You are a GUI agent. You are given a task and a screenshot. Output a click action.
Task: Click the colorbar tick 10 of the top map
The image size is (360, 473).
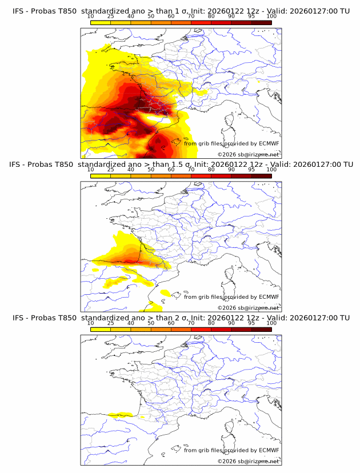tap(91, 16)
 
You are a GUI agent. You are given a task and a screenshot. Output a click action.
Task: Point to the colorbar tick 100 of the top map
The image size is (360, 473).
tap(271, 16)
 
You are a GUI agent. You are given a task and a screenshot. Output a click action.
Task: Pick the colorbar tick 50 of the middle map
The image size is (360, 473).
tap(151, 169)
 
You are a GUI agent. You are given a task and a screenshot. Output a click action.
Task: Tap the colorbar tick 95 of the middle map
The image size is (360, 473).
tap(251, 169)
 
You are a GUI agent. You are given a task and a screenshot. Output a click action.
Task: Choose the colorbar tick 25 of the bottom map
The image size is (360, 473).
tap(111, 323)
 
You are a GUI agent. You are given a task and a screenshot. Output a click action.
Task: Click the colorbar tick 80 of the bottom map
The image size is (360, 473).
tap(211, 323)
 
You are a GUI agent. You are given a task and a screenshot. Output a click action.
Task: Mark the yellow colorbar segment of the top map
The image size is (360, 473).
tap(101, 22)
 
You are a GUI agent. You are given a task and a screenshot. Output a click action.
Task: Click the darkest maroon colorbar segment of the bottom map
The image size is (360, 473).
tap(262, 329)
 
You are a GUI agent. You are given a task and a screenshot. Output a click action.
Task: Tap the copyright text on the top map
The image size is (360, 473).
tap(249, 154)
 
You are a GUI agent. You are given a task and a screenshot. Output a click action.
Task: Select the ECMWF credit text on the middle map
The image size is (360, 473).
tap(231, 296)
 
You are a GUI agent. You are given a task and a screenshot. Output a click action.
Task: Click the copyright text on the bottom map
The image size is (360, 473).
tap(249, 461)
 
